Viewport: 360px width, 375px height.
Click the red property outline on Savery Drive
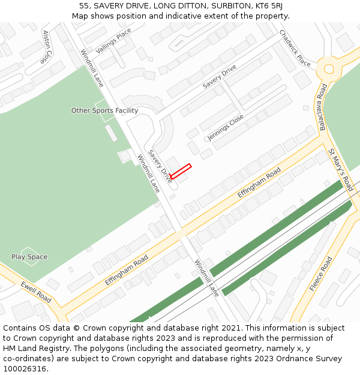click(180, 171)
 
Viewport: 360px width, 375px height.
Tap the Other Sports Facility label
click(104, 110)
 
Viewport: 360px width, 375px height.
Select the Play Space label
click(29, 257)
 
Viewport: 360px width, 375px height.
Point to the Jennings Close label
click(226, 127)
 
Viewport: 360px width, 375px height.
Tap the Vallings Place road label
click(113, 41)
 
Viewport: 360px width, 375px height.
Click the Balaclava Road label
click(323, 107)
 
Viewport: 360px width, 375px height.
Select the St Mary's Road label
click(341, 170)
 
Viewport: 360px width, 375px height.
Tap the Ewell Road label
click(36, 292)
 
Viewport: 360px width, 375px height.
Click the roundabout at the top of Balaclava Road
click(328, 68)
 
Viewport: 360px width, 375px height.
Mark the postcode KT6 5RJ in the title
click(268, 5)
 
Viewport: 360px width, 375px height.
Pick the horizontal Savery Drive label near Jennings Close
click(219, 77)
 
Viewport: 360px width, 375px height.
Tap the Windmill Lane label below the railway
click(207, 278)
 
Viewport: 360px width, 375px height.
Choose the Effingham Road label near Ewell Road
click(126, 269)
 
